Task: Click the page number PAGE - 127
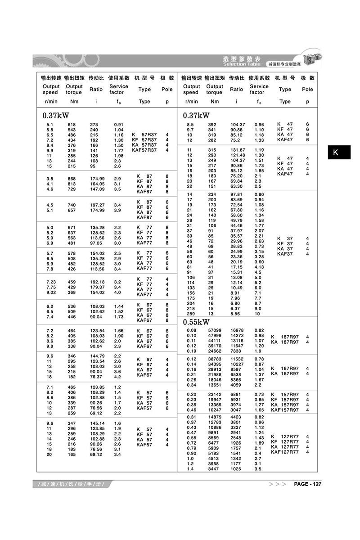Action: (x=307, y=484)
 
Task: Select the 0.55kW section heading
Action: (x=196, y=322)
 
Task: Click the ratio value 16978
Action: (x=237, y=330)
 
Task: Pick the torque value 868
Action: (x=72, y=179)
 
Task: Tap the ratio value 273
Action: (x=94, y=124)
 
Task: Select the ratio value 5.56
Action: (x=236, y=313)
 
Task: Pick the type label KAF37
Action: (x=285, y=254)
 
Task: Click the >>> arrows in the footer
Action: (x=277, y=484)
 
